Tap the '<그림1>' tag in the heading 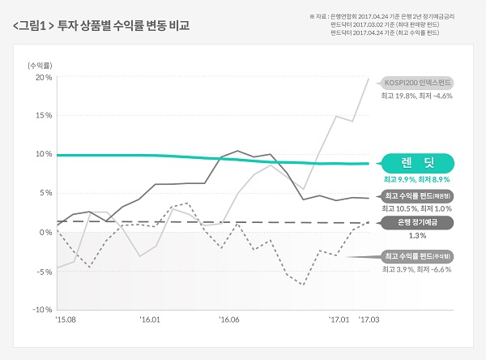pyautogui.click(x=33, y=25)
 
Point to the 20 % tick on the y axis pyautogui.click(x=43, y=78)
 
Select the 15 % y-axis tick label pyautogui.click(x=43, y=115)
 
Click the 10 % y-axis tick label pyautogui.click(x=43, y=154)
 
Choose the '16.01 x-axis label pyautogui.click(x=150, y=320)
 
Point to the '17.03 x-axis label pyautogui.click(x=369, y=320)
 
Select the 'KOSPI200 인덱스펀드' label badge pyautogui.click(x=418, y=83)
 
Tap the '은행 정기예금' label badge pyautogui.click(x=418, y=221)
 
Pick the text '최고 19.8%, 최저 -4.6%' pyautogui.click(x=416, y=96)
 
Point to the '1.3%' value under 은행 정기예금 pyautogui.click(x=418, y=235)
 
